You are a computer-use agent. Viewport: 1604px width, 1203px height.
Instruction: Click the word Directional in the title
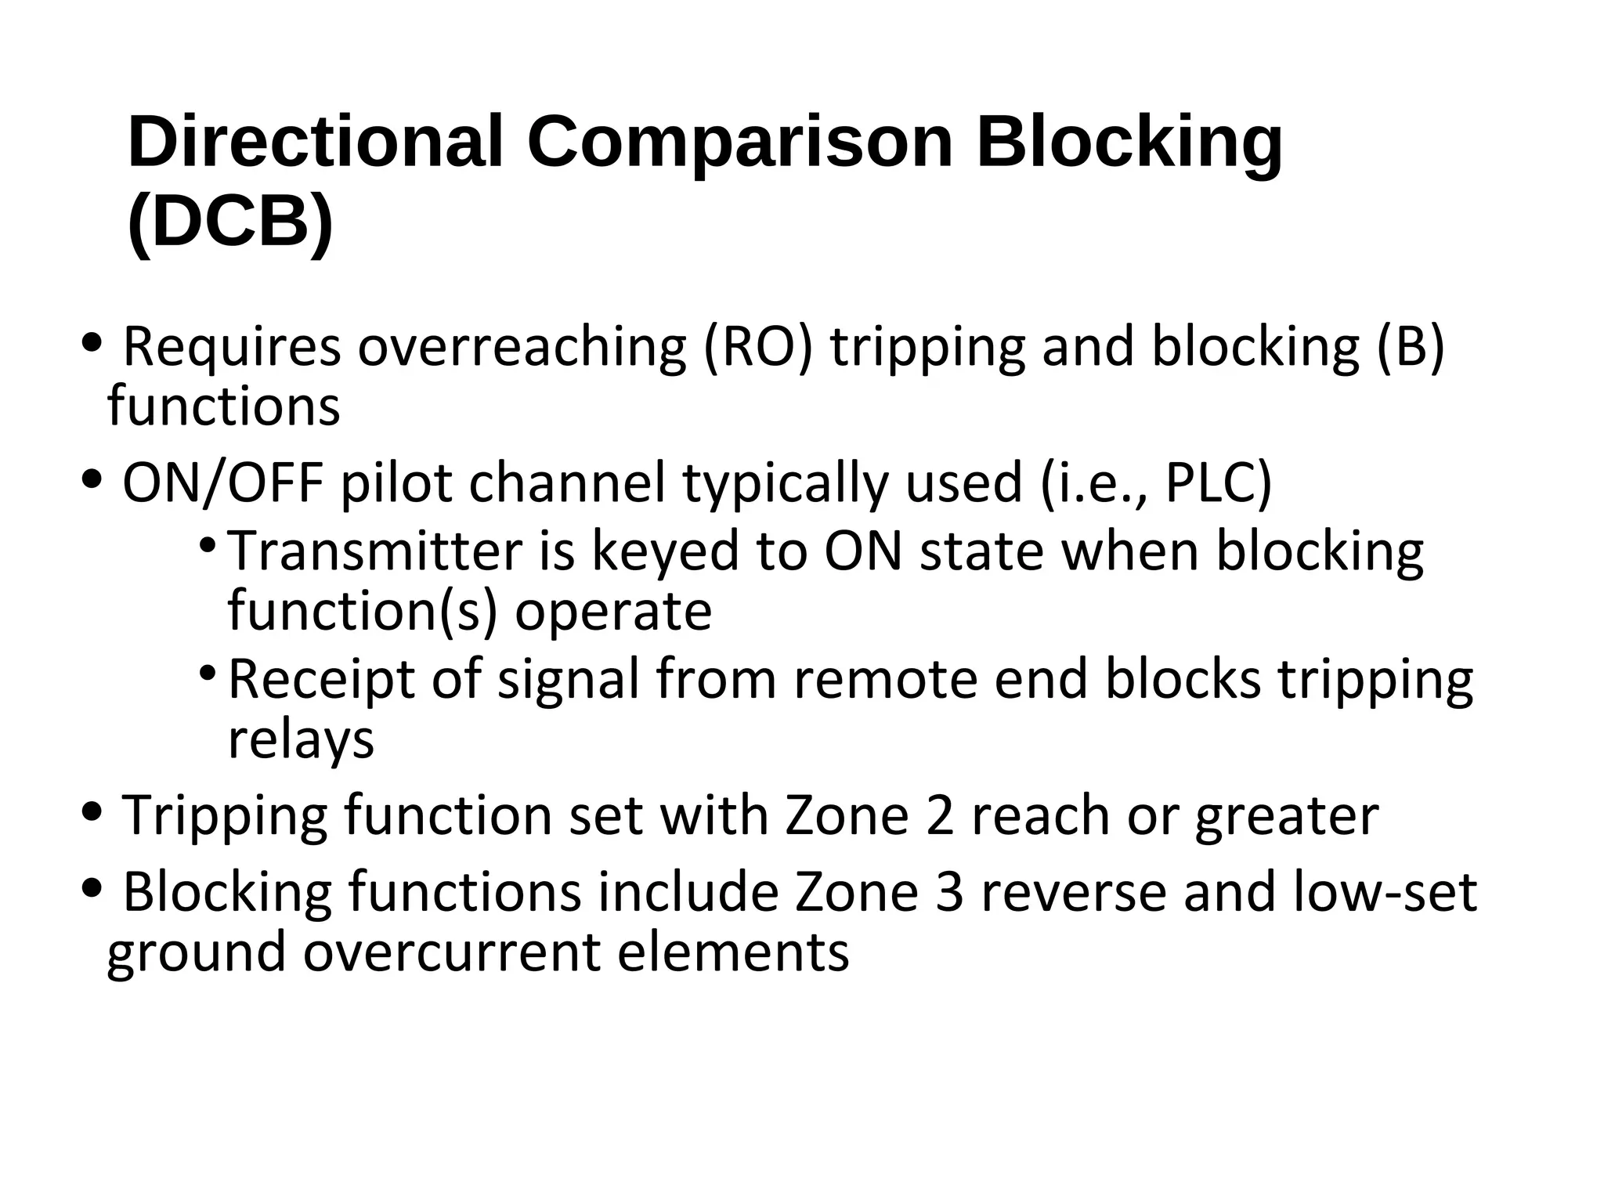[x=315, y=142]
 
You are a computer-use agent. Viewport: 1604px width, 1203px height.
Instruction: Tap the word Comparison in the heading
[x=740, y=142]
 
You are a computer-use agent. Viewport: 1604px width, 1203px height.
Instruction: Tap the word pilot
[x=396, y=482]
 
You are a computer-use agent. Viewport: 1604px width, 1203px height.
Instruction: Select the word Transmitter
[x=374, y=551]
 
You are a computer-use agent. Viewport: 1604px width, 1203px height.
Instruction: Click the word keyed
[x=666, y=552]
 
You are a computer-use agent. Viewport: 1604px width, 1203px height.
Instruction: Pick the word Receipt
[x=321, y=679]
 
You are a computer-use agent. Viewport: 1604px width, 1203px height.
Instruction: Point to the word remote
[x=886, y=679]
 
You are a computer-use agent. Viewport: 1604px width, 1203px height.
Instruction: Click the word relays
[x=301, y=739]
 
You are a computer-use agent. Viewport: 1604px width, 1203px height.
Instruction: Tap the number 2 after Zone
[x=939, y=815]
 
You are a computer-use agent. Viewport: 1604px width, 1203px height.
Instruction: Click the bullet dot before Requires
[x=92, y=342]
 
